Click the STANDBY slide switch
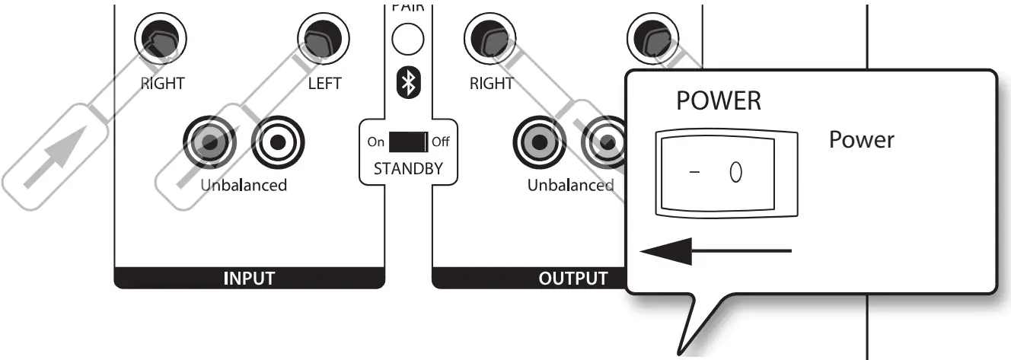tap(409, 142)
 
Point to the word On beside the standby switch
tap(376, 142)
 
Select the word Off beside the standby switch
tap(441, 142)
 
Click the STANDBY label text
tap(409, 168)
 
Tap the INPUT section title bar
tap(249, 279)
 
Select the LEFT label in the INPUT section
tap(324, 83)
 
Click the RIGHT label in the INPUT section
tap(163, 83)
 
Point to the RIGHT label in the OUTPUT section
tap(492, 83)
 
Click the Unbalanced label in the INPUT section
tap(244, 185)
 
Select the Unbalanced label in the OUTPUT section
tap(570, 185)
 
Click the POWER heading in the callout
tap(719, 101)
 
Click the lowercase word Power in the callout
tap(862, 140)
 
